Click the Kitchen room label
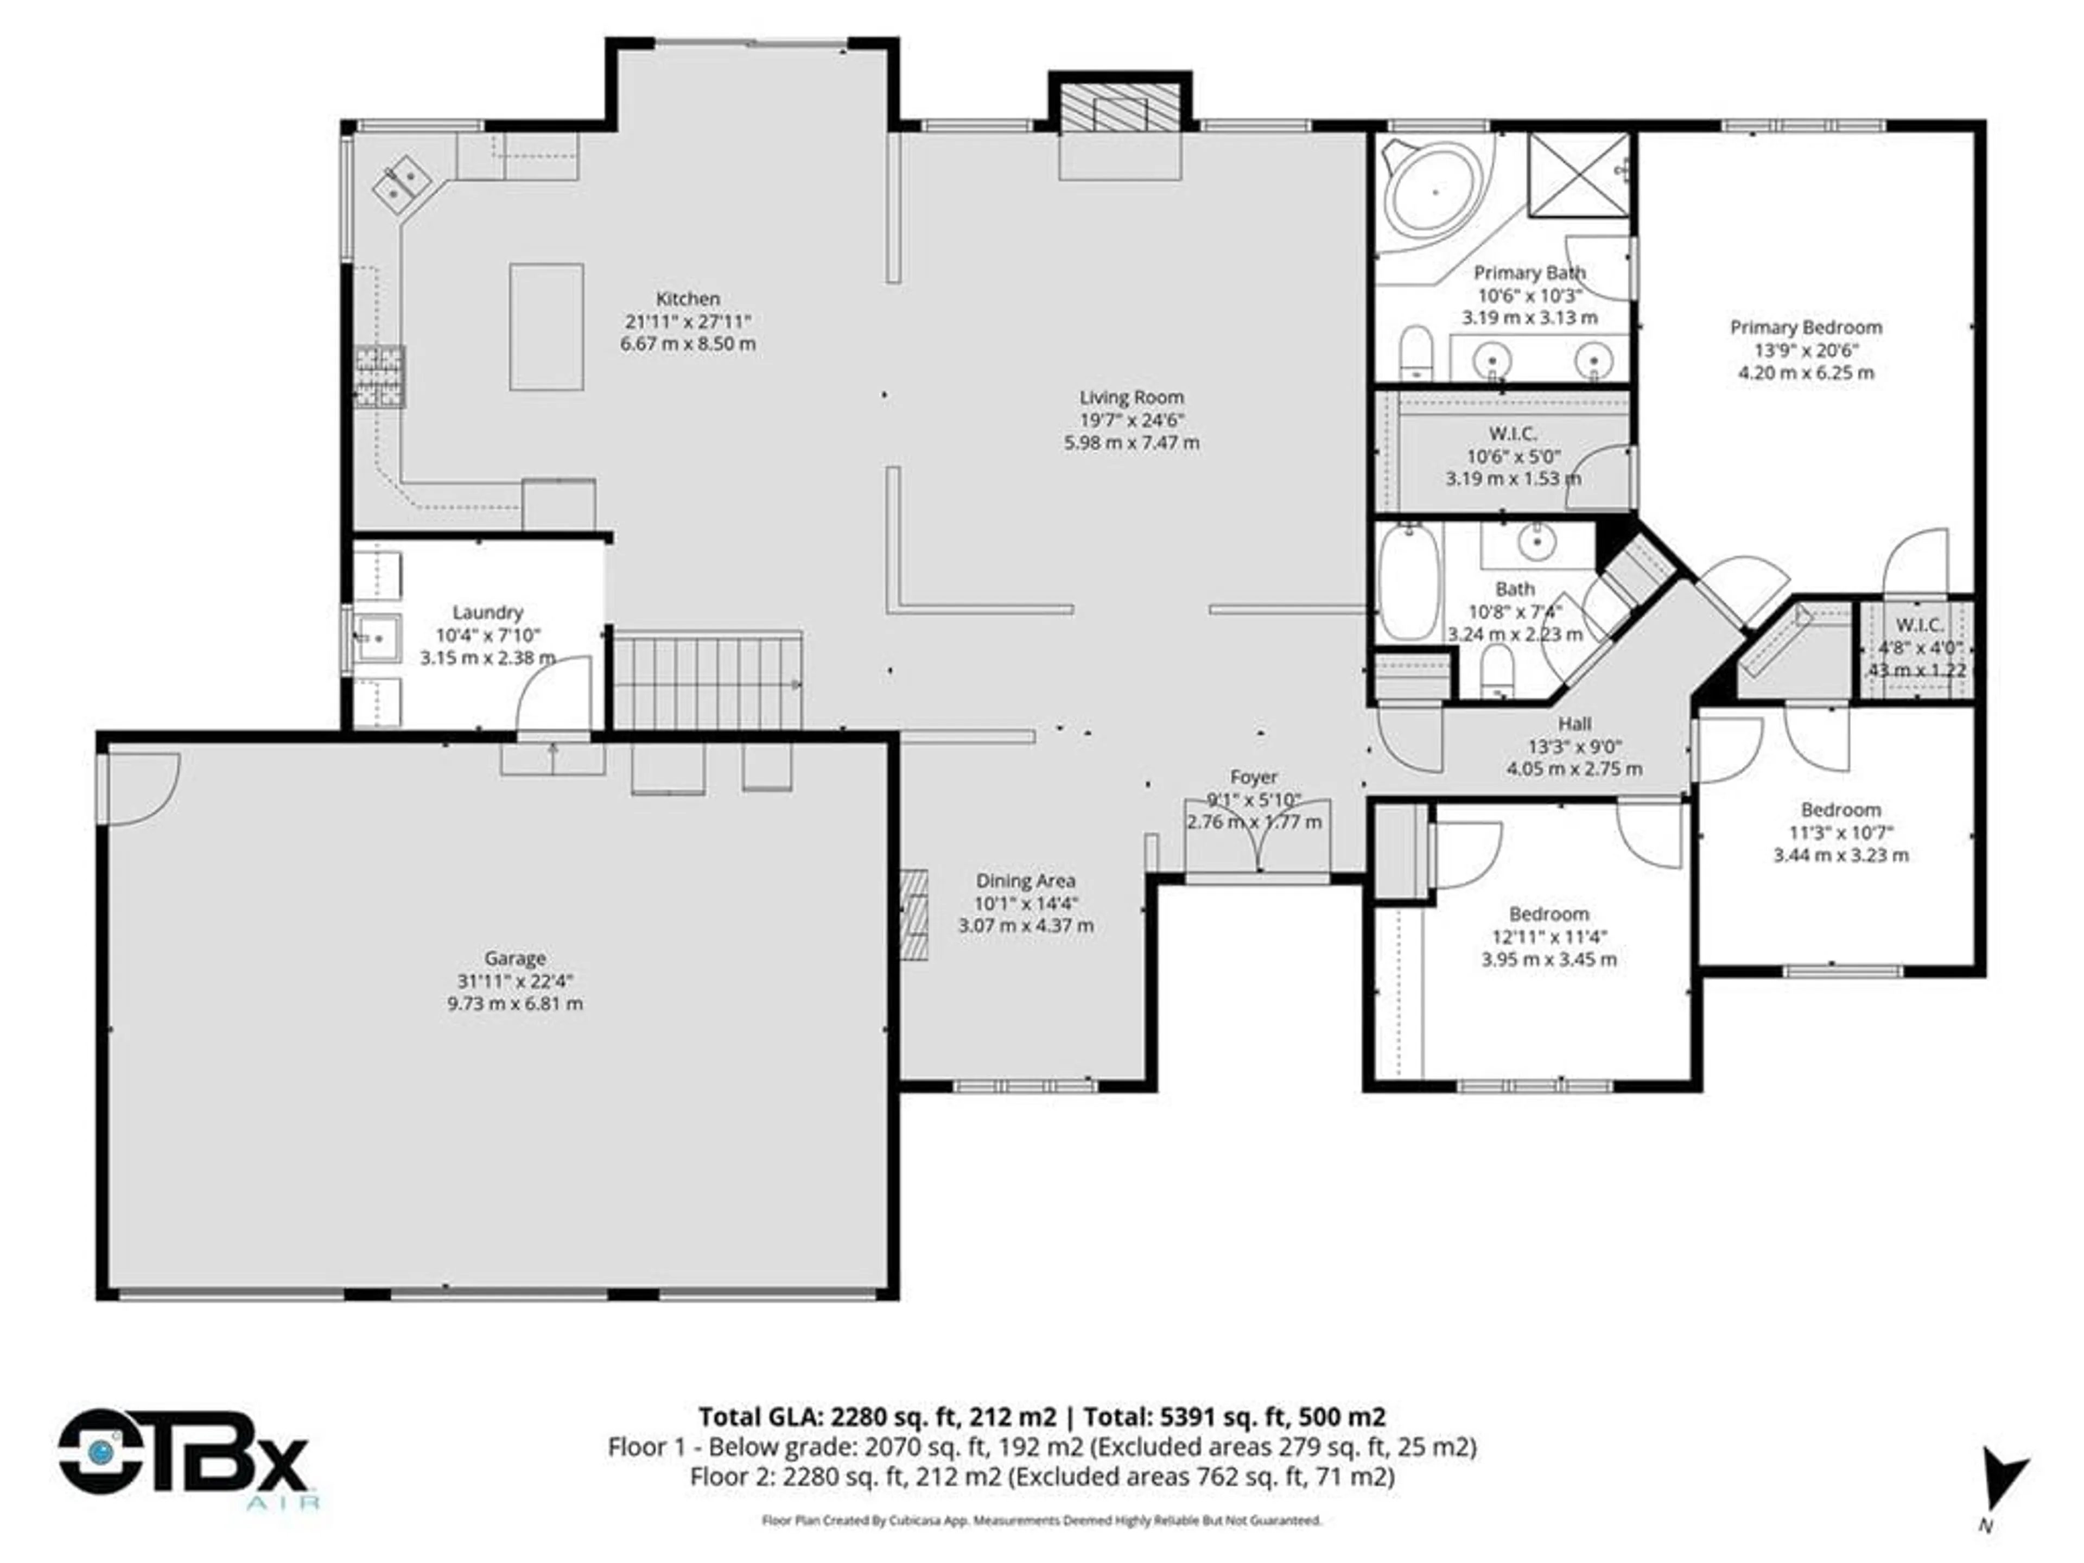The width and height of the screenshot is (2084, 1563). (688, 298)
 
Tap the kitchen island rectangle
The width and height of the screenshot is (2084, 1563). (547, 327)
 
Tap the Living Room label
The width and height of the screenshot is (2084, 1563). (1132, 398)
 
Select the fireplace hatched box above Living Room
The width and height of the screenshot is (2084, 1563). (1119, 110)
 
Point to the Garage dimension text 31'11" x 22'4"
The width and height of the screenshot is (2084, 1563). (516, 981)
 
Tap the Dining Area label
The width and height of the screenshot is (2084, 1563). (1025, 881)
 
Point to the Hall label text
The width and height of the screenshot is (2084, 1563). (1574, 723)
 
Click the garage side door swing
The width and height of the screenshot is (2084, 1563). (141, 790)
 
